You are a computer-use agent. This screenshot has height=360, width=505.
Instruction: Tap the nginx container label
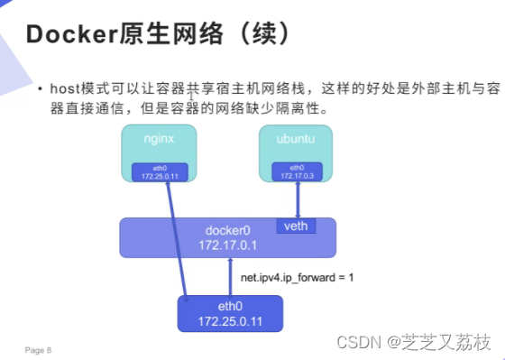pos(160,138)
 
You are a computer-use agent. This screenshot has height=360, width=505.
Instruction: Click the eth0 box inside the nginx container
pos(160,171)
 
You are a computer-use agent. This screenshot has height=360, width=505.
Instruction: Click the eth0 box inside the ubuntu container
pos(297,172)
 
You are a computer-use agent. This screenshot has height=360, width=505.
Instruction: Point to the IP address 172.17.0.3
pos(297,176)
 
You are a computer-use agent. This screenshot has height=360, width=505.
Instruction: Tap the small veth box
pos(299,226)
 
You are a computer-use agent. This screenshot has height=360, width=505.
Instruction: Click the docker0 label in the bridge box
pos(227,228)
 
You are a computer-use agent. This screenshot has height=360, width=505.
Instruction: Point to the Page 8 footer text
pos(38,348)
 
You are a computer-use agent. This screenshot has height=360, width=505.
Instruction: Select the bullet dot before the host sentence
pos(40,90)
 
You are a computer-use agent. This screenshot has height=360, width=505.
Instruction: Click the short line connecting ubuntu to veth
pos(298,200)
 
